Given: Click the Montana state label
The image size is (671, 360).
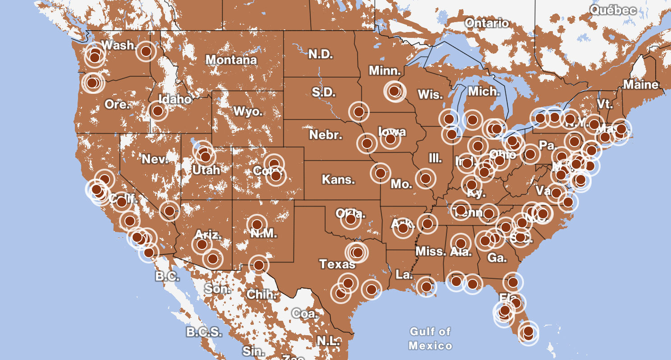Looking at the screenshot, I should tap(231, 60).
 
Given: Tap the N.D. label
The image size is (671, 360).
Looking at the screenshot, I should tap(321, 55).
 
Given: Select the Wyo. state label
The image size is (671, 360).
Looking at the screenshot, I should tap(248, 111).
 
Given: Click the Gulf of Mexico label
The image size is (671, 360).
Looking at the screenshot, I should tap(430, 339).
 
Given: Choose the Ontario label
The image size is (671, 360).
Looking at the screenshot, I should tap(487, 23).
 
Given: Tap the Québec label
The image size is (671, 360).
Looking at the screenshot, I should tap(613, 10).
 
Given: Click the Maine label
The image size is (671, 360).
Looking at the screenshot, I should tap(641, 84).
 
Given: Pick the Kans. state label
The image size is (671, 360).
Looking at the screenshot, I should tap(338, 180).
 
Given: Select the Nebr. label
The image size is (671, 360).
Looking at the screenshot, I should tap(326, 134).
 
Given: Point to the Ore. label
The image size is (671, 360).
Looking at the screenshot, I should tap(117, 104).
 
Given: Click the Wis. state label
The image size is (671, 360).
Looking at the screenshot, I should tap(430, 95).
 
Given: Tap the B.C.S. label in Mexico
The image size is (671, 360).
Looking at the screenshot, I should tap(204, 332).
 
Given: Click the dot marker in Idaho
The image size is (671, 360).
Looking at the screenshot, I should tap(157, 111).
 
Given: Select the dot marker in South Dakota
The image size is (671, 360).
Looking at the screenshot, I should tap(359, 111).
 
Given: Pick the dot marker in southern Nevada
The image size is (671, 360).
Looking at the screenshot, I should tap(169, 210).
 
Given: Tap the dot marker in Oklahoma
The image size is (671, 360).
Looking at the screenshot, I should tap(350, 219).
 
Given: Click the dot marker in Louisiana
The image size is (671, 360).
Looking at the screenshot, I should tap(426, 286).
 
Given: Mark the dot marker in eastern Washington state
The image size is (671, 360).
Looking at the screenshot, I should tap(146, 51).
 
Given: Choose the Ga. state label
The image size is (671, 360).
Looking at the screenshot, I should tap(497, 258).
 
